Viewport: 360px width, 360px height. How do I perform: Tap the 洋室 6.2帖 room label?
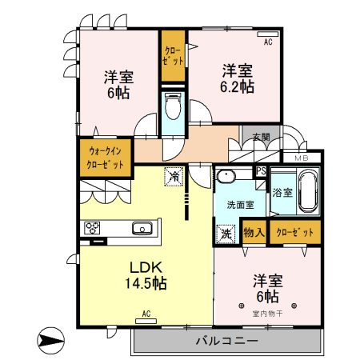pos(238,78)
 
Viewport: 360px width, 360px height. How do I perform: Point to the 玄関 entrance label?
pos(260,136)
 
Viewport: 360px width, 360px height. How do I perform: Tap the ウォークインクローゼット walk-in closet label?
pos(106,157)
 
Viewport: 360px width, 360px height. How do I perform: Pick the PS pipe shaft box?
pos(261,170)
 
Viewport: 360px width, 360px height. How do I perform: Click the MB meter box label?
pos(301,158)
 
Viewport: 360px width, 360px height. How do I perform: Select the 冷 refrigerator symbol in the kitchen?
pos(173,175)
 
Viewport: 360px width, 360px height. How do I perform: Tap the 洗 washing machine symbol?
pos(225,234)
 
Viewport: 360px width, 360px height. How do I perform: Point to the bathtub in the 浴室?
pos(308,192)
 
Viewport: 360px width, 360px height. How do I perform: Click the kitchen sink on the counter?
pos(143,228)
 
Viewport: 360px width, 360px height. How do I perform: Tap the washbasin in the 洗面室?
pos(227,177)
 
